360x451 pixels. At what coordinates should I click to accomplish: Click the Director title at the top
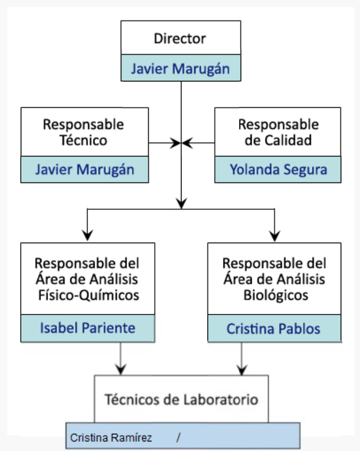coord(180,38)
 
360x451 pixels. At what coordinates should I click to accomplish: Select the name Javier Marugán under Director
coord(180,68)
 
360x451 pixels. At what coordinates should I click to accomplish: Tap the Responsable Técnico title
coord(84,132)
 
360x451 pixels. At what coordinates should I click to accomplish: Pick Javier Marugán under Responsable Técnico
coord(84,169)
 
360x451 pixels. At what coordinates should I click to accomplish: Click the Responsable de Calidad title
coord(278,132)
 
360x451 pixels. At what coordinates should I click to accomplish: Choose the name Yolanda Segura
coord(278,169)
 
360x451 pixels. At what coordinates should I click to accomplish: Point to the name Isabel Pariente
coord(87,328)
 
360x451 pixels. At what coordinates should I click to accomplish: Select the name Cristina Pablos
coord(273,329)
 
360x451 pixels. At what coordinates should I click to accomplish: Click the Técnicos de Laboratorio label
coord(181,399)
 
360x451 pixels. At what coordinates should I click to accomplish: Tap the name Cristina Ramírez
coord(111,437)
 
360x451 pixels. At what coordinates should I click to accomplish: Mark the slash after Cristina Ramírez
coord(178,437)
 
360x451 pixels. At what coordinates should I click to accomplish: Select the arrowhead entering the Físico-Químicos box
coord(88,235)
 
